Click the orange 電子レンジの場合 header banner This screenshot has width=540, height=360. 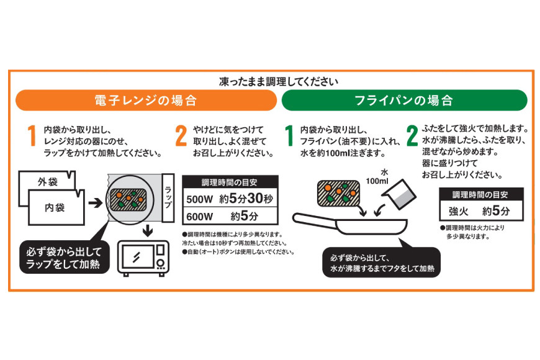[145, 100]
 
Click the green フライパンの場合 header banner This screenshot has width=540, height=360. [403, 100]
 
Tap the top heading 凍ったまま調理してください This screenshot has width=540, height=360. [279, 81]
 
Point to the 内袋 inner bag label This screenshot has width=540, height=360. [55, 207]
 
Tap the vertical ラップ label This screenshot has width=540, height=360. [168, 196]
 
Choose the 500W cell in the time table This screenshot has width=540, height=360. [200, 200]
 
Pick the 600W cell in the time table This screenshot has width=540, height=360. [200, 217]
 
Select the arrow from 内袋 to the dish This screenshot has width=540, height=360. [95, 202]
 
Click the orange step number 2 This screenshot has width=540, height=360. [181, 136]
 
